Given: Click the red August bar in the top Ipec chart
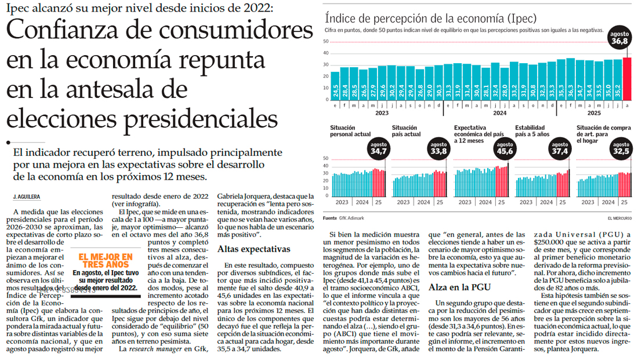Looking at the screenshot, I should coord(626,79).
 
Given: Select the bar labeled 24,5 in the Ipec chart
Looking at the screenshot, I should coord(335,86).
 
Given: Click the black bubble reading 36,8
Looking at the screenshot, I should coord(619,38).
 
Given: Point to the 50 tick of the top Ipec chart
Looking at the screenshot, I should coord(326,41).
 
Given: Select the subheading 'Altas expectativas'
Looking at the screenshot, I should coord(253,249).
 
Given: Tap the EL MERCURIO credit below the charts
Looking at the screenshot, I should coord(619,218).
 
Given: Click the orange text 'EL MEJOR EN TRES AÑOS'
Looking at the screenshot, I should coord(106,260).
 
